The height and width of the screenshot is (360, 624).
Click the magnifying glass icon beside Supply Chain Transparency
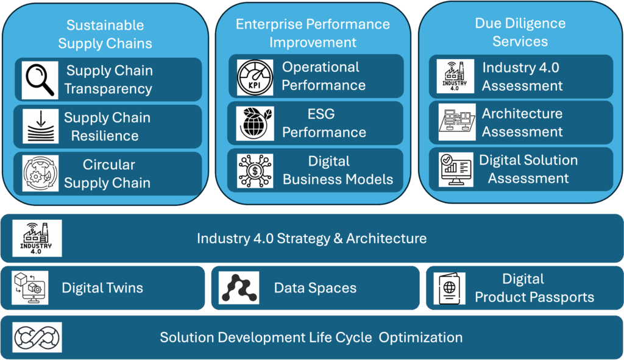coord(40,80)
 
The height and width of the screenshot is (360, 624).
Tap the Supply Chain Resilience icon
coord(40,127)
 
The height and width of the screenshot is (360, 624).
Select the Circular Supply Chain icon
coord(40,174)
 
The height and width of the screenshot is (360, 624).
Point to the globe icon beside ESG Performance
coord(255,124)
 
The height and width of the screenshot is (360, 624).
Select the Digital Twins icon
coord(30,288)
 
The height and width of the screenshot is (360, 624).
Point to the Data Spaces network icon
coord(239,288)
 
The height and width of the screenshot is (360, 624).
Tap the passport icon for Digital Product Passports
coord(449,288)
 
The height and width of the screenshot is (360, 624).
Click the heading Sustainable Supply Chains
coord(105,34)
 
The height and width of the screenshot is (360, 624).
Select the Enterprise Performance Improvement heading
coord(313,33)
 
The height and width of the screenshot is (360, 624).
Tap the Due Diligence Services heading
coord(520,32)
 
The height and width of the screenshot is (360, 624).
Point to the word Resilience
coord(105,136)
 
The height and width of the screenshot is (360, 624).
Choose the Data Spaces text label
coord(315,288)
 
